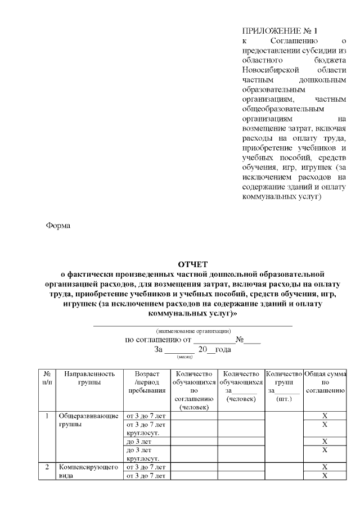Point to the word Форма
58,226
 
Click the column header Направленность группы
89,377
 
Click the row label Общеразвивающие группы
88,420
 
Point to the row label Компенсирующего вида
88,471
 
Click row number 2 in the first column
47,467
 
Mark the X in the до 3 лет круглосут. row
325,450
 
